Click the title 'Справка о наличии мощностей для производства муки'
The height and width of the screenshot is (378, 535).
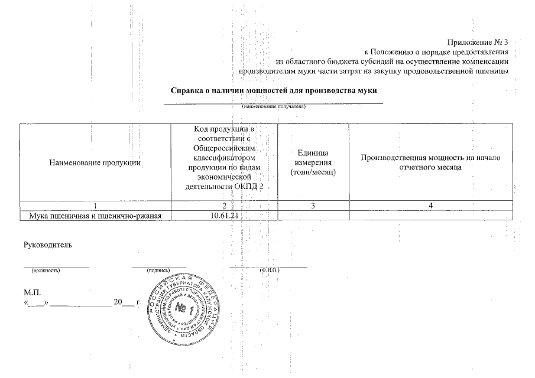[274, 91]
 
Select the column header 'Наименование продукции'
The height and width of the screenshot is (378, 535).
[95, 162]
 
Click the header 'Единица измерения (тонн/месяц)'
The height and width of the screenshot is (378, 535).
[313, 162]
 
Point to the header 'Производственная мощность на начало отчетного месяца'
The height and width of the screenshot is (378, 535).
[430, 162]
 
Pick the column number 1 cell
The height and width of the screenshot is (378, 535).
[95, 205]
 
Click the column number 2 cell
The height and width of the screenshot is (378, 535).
[225, 205]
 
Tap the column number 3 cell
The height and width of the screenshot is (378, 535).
[313, 205]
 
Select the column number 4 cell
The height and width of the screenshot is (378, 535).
[430, 205]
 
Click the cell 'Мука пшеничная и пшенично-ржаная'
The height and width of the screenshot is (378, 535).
[95, 215]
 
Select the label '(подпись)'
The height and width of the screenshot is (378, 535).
[158, 271]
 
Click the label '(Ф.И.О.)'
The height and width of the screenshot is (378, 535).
[269, 271]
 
